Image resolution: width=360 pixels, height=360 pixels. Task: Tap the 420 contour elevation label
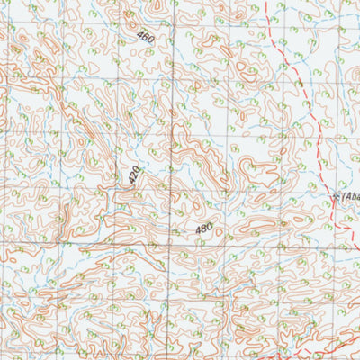(134, 175)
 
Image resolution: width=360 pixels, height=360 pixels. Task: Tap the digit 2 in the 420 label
(134, 175)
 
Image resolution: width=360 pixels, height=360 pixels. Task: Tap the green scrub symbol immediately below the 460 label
(147, 51)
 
